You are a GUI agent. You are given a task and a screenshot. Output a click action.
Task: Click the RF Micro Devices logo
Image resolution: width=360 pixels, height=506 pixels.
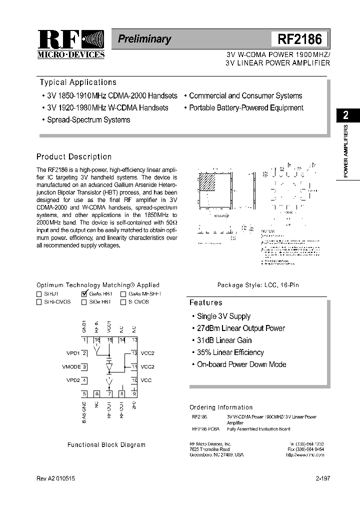pos(70,44)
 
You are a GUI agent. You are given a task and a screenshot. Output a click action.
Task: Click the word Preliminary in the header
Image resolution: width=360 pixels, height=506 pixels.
pos(144,39)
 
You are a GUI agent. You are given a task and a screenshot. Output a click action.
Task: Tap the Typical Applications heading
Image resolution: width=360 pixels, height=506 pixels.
pos(78,82)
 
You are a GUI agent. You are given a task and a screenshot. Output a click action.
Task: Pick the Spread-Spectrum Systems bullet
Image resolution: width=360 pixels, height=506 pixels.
pos(88,120)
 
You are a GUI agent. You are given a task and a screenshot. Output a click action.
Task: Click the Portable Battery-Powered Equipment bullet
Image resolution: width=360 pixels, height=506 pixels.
pos(245,108)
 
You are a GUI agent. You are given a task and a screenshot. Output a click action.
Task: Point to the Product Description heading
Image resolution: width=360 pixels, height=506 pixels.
pos(74,156)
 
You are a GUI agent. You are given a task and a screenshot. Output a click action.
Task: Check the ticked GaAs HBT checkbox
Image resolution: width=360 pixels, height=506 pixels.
pos(84,294)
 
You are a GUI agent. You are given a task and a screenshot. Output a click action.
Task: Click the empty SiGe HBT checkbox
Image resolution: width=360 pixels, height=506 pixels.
pos(83,302)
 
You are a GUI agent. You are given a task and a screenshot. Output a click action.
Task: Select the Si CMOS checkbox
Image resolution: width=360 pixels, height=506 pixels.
pos(123,302)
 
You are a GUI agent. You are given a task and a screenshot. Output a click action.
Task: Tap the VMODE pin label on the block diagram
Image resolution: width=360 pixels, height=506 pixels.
pos(71,367)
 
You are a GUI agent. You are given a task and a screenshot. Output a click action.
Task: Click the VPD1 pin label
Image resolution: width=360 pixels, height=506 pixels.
pos(73,353)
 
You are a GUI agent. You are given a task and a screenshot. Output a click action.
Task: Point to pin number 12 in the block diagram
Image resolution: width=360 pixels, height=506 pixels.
pos(134,353)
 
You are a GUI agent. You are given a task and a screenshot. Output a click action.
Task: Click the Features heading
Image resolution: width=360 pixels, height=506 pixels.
pos(205,302)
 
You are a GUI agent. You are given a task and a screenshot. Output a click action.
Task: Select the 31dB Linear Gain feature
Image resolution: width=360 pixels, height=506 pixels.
pos(224,340)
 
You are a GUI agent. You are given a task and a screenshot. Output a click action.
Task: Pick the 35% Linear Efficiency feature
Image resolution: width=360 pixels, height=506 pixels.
pos(230,352)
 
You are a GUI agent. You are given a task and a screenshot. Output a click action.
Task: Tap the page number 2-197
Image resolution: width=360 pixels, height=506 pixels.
pos(323,478)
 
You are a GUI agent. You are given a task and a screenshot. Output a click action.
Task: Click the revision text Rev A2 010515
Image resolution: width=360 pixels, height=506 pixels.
pos(56,478)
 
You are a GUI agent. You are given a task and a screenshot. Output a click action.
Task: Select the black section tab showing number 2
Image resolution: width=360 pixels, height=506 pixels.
pos(345,115)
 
